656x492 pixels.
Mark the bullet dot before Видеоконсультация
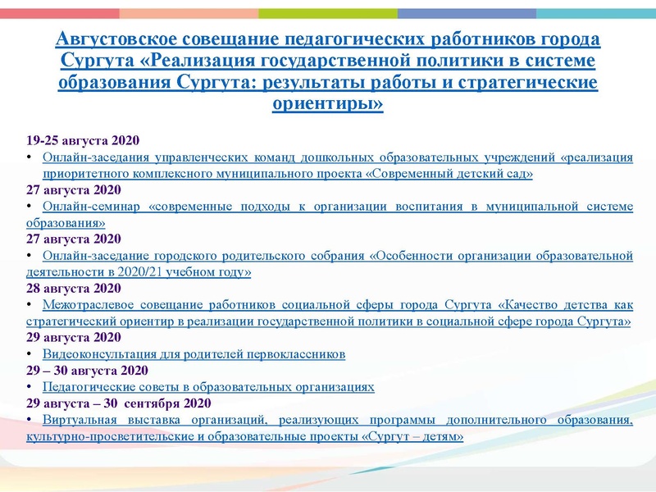(x=30, y=354)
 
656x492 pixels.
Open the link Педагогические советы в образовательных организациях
(x=208, y=386)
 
